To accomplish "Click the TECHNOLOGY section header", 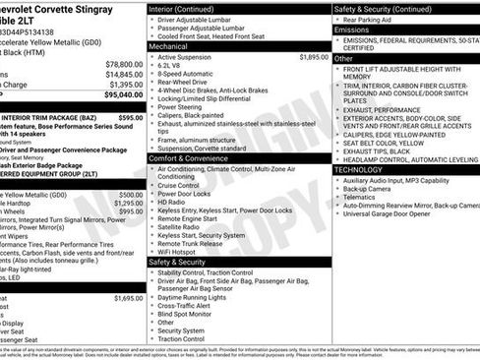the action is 358,169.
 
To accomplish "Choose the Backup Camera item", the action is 375,192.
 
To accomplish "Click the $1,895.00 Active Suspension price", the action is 313,58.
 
